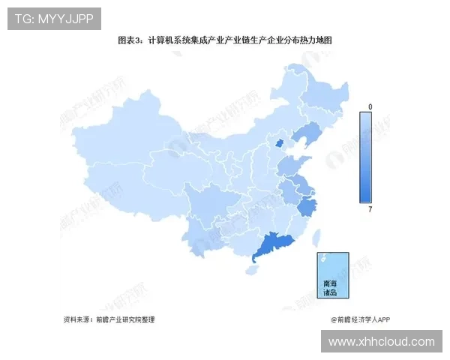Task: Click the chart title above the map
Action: [x=224, y=40]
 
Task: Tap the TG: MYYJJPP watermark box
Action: [x=54, y=19]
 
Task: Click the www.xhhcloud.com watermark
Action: [x=382, y=341]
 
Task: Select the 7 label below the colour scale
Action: [x=370, y=209]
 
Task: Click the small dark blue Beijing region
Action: [x=280, y=143]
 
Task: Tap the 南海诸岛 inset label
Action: [x=331, y=288]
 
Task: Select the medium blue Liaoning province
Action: [x=303, y=136]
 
